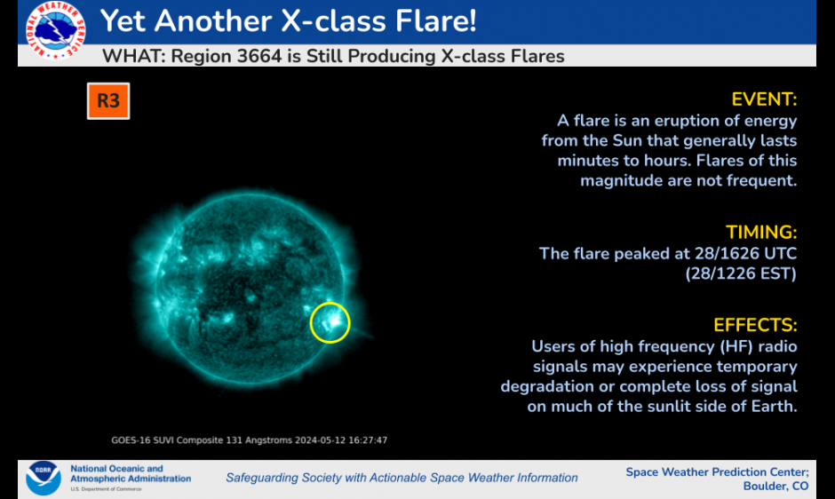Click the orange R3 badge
[x=108, y=100]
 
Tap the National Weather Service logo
[x=55, y=30]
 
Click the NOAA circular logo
[x=44, y=478]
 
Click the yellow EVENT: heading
[x=764, y=99]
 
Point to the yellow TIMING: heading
[x=761, y=233]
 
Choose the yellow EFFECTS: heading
[x=755, y=325]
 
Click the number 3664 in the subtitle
[x=258, y=56]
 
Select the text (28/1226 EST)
[x=741, y=273]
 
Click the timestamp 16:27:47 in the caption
[x=368, y=440]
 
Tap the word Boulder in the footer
[x=764, y=487]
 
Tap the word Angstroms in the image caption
[x=268, y=440]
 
